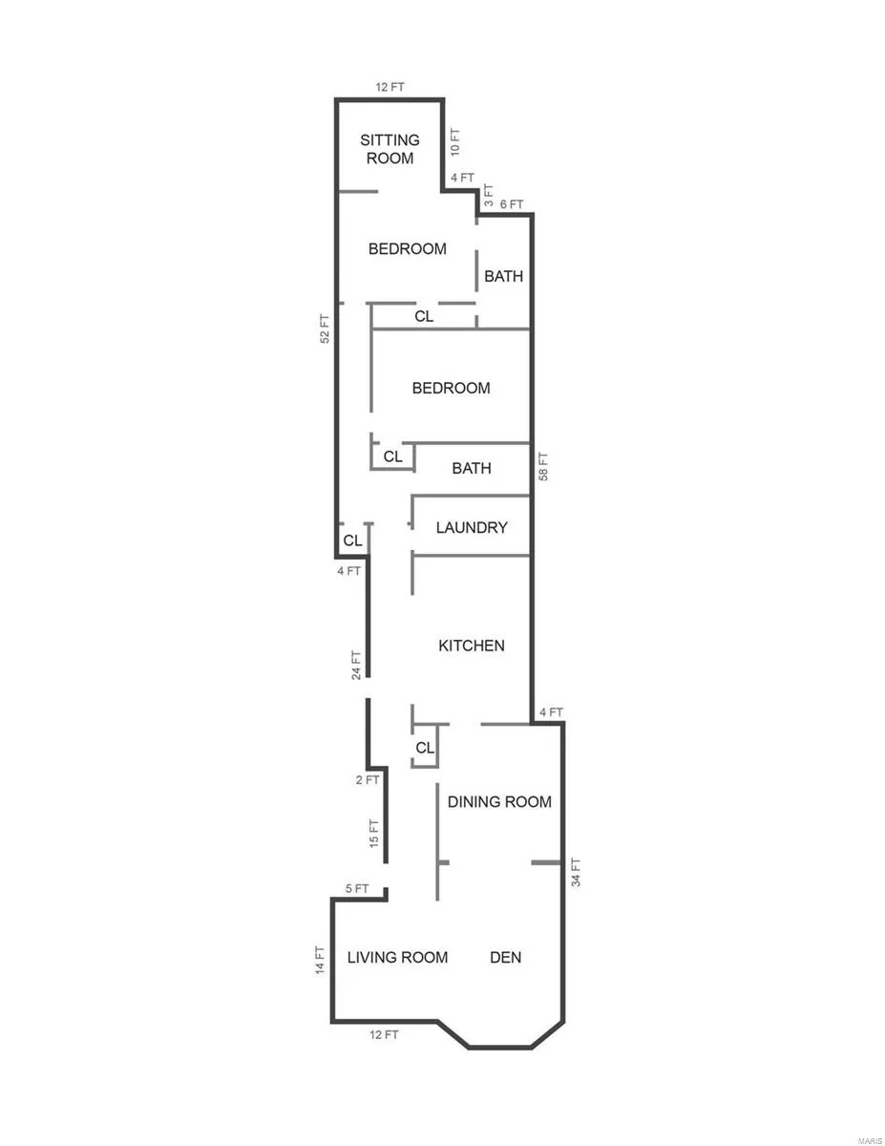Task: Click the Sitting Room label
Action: [x=390, y=149]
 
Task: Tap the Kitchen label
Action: [x=472, y=646]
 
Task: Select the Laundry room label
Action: [x=472, y=527]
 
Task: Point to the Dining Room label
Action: [x=499, y=801]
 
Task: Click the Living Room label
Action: [x=397, y=957]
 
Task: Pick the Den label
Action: [x=505, y=957]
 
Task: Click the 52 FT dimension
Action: [x=326, y=329]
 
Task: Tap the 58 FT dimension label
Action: [x=543, y=466]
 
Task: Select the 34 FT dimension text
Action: [x=576, y=872]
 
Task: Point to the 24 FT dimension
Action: [x=356, y=665]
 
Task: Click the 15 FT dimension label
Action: [x=373, y=834]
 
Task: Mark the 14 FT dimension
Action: [x=320, y=960]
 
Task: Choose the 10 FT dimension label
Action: [x=454, y=142]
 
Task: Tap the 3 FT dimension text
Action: [x=488, y=195]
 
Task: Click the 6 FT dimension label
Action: [x=512, y=204]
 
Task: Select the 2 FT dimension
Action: [x=368, y=779]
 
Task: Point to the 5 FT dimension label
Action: [x=357, y=889]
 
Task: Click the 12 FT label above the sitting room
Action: [x=390, y=87]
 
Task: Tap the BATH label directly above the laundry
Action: [x=472, y=468]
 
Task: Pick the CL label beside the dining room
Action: [x=425, y=748]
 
